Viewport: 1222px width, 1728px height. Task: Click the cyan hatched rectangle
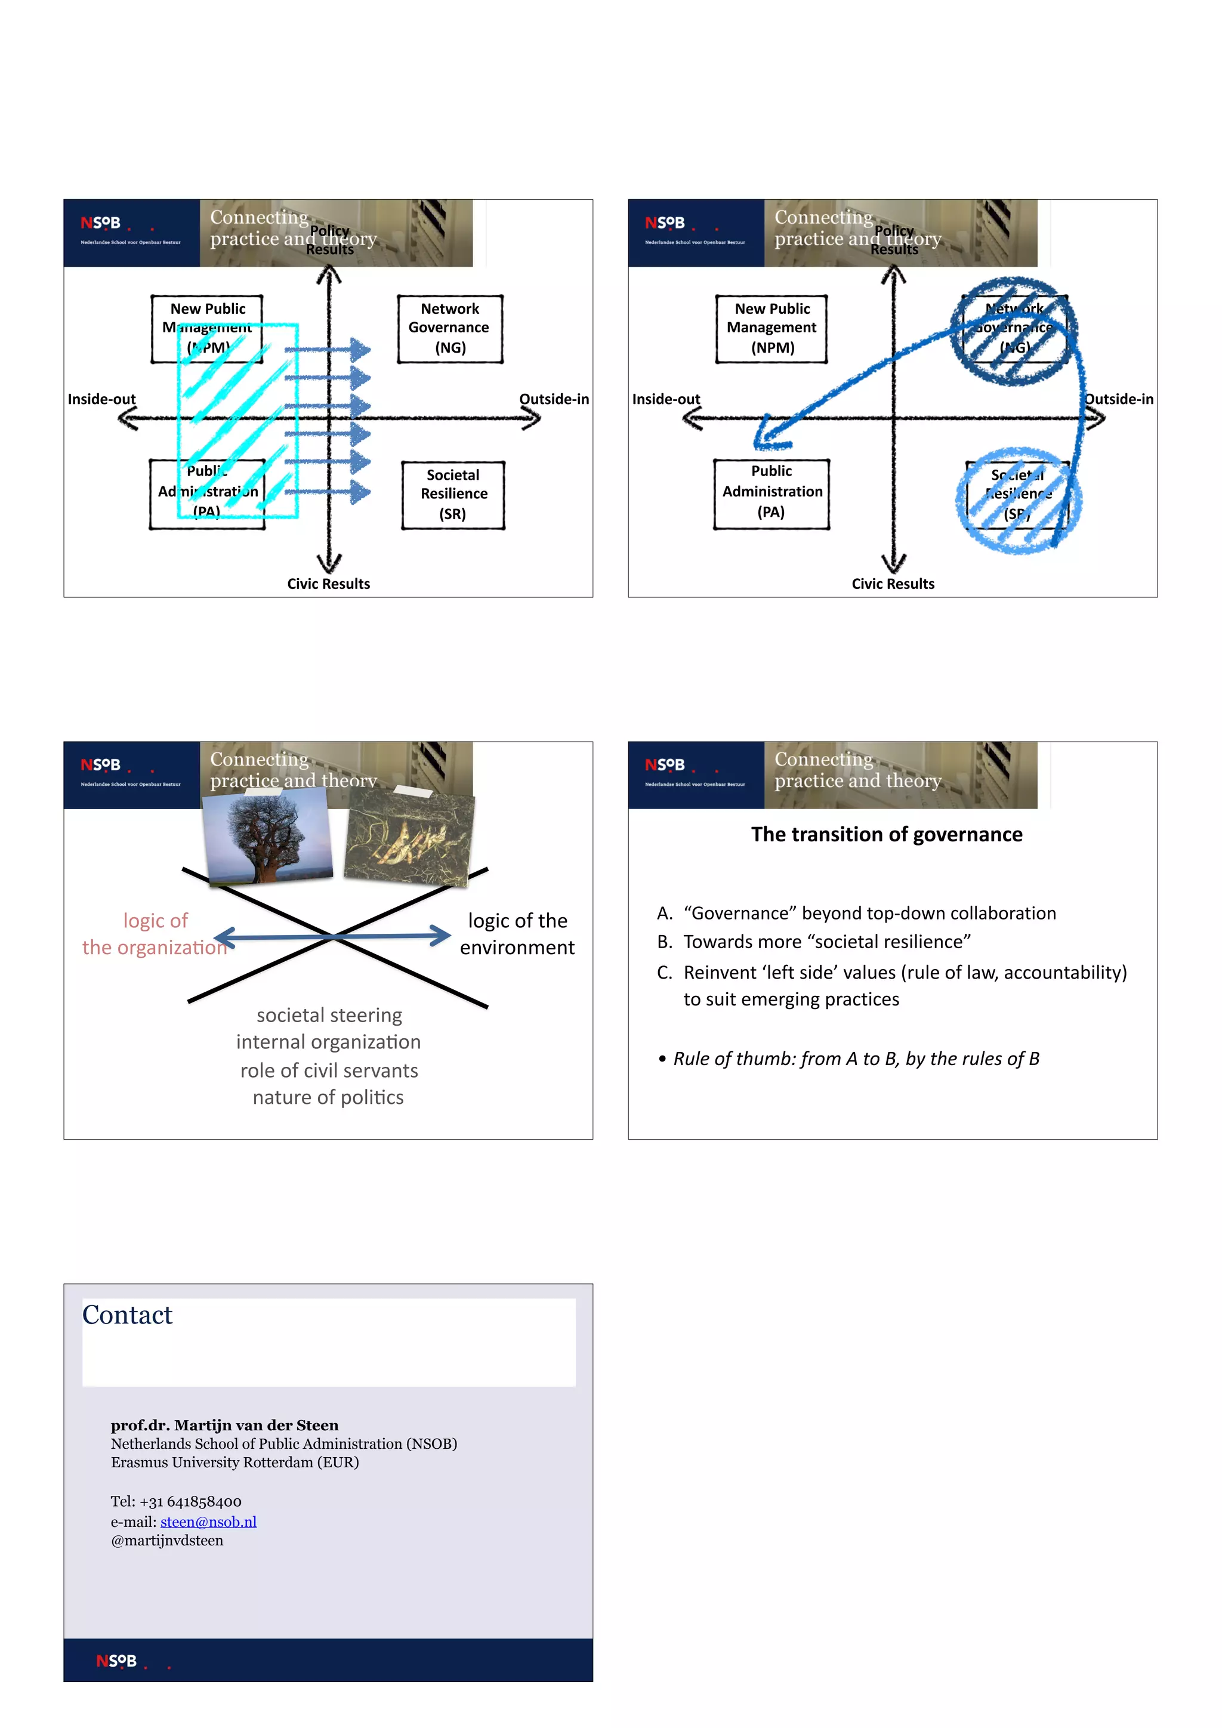238,420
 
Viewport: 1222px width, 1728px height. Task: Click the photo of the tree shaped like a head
268,837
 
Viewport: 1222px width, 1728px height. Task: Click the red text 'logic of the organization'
155,934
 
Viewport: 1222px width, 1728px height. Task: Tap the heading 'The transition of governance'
887,834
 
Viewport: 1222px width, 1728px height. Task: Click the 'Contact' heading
127,1315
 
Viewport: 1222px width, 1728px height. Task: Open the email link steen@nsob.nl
208,1522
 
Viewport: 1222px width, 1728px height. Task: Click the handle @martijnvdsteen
167,1541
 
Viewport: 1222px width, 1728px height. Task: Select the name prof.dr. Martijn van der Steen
224,1425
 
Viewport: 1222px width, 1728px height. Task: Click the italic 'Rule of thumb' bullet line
856,1059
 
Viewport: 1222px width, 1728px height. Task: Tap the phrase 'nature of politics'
328,1097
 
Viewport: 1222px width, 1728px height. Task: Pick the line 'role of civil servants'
329,1070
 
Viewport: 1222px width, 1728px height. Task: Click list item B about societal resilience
826,942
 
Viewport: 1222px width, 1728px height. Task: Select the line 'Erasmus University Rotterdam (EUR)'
234,1462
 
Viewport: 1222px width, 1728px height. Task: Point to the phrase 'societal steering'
329,1016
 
